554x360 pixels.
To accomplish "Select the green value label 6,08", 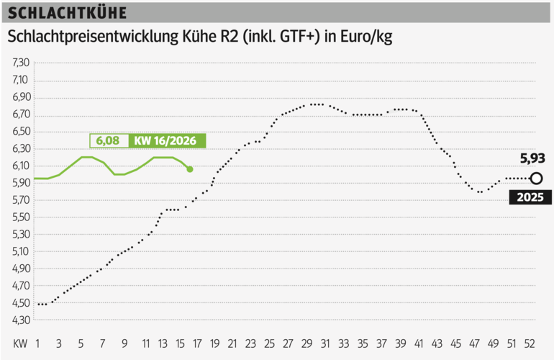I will pyautogui.click(x=108, y=141).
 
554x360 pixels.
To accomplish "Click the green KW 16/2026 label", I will pyautogui.click(x=166, y=141).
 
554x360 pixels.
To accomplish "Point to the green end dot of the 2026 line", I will pyautogui.click(x=190, y=169).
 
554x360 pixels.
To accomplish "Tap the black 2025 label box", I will pyautogui.click(x=530, y=197).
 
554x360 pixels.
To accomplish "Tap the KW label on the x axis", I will pyautogui.click(x=19, y=343).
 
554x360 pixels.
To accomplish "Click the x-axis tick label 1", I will pyautogui.click(x=37, y=343).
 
